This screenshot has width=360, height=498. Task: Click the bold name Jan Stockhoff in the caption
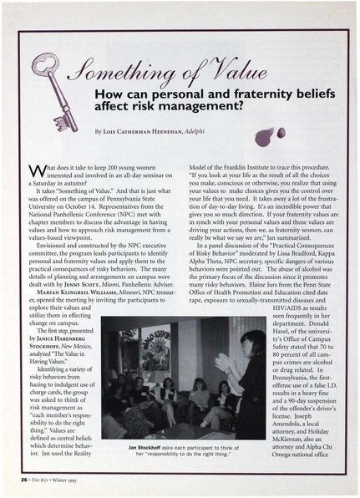[152, 446]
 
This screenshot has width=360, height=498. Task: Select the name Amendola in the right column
[298, 434]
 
